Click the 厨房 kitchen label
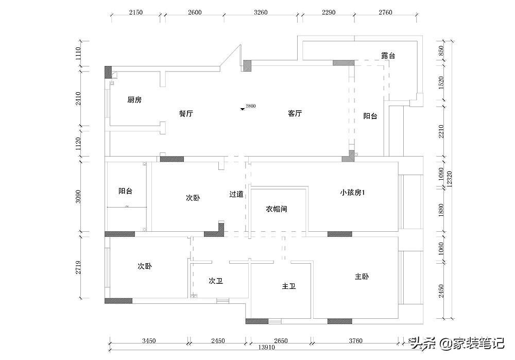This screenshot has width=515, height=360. tap(134, 100)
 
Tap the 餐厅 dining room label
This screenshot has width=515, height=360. tap(186, 114)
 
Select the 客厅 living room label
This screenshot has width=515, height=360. tap(295, 114)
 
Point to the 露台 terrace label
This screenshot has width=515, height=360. tap(388, 56)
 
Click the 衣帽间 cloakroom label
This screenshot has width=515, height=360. tap(277, 209)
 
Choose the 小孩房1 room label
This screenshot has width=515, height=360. tap(353, 193)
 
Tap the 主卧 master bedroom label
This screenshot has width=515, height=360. tap(362, 277)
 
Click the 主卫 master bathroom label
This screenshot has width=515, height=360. tap(289, 286)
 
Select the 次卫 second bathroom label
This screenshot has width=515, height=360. tap(216, 281)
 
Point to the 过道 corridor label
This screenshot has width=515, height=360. tap(236, 194)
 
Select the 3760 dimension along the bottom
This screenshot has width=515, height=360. tap(355, 340)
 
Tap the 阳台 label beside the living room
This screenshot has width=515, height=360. tap(370, 116)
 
